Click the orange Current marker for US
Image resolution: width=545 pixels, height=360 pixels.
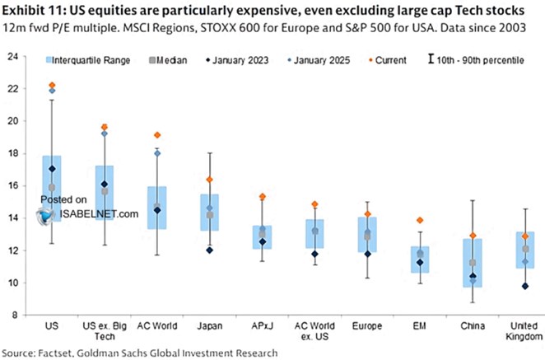(x=52, y=86)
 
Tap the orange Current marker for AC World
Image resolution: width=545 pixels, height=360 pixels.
(x=157, y=135)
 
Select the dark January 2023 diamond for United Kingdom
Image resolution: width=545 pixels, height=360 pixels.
(x=524, y=286)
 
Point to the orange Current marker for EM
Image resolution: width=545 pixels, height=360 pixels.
(x=420, y=220)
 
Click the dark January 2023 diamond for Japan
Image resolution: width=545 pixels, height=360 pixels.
(x=209, y=250)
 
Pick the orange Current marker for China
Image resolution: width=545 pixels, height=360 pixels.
(x=473, y=236)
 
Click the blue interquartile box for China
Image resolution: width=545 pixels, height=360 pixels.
(x=473, y=263)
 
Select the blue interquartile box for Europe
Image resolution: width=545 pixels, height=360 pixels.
(x=367, y=235)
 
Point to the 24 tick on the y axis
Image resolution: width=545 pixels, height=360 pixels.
(x=16, y=57)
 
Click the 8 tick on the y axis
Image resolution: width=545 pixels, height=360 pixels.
(x=18, y=315)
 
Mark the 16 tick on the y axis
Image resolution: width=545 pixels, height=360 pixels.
(x=16, y=186)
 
